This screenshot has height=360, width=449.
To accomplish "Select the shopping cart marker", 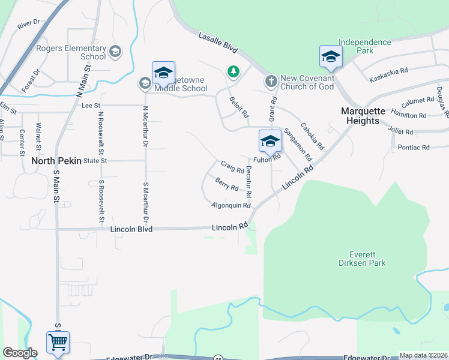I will click(x=58, y=343).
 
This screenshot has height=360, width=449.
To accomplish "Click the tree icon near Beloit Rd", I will click(x=233, y=72).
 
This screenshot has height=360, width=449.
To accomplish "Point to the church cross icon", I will click(x=270, y=81).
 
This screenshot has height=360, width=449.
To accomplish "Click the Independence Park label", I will click(x=364, y=47).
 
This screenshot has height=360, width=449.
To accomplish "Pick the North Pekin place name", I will click(x=56, y=161).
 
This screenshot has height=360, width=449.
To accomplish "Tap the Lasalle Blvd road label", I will click(x=218, y=44).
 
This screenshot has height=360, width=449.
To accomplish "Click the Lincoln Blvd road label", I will click(x=131, y=229).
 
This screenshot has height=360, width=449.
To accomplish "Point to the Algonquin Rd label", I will click(x=231, y=205).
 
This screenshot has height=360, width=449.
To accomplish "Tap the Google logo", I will click(x=20, y=353).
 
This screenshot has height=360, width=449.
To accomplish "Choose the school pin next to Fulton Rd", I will click(x=270, y=142).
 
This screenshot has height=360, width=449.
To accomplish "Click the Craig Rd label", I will click(x=232, y=166).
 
